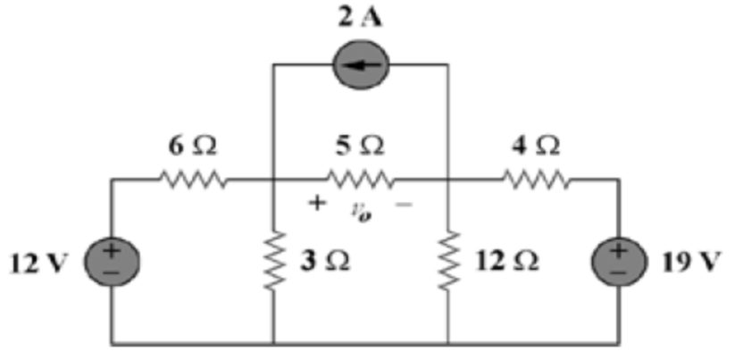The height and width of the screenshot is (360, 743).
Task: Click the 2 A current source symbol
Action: pos(361,65)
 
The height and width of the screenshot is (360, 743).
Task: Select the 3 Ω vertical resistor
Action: pos(273,260)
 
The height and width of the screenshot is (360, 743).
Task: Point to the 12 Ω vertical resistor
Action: pos(448,260)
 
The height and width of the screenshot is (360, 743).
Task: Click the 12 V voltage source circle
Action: pos(111,260)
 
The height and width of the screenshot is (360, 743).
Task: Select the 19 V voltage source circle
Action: pos(617,260)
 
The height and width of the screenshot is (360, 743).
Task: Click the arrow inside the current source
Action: pos(361,65)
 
